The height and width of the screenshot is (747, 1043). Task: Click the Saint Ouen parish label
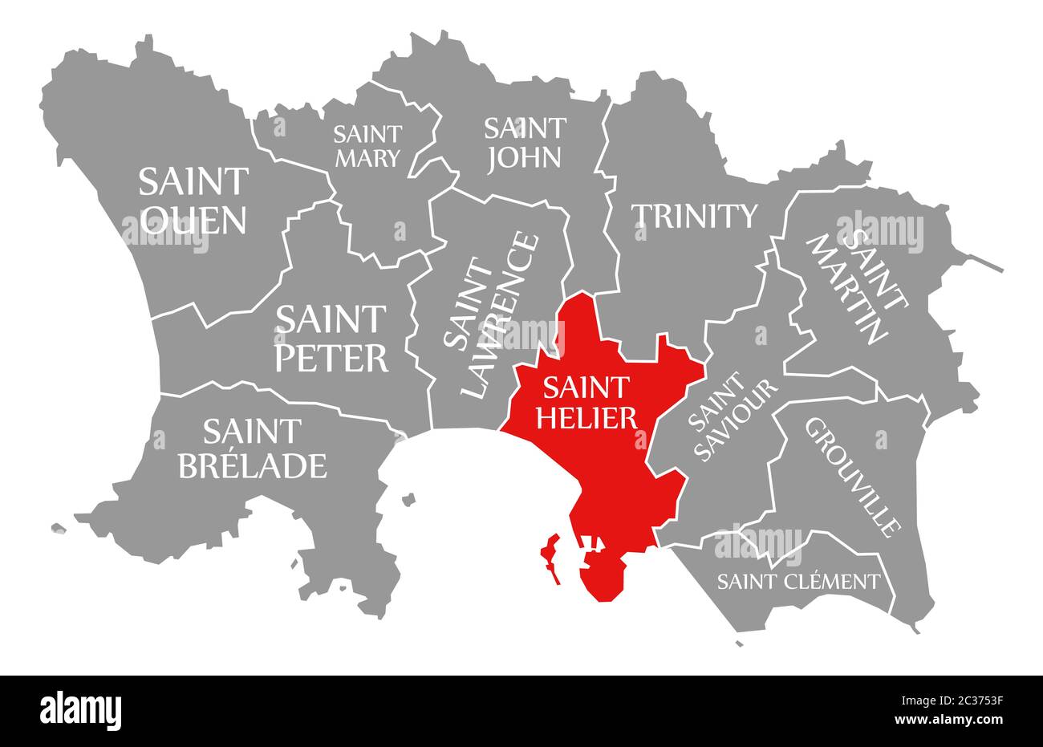[193, 201]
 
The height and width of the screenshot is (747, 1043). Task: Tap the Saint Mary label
[367, 145]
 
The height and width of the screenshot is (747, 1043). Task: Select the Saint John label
[525, 142]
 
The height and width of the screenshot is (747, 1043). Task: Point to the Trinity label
[695, 216]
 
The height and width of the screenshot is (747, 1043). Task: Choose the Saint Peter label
[331, 338]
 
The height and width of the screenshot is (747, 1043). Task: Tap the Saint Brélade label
[252, 449]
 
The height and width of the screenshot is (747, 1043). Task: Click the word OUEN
[193, 220]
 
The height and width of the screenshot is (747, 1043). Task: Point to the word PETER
[331, 358]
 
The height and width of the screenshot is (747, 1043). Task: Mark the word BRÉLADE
[252, 465]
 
